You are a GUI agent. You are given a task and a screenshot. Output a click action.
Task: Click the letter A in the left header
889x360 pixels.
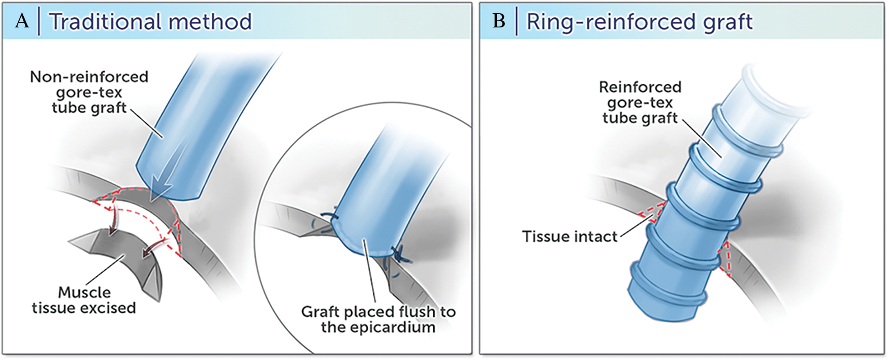click(22, 21)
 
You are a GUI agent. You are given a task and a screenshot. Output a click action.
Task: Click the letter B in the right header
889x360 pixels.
click(499, 21)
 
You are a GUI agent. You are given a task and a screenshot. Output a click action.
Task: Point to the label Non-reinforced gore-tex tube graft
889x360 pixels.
click(89, 92)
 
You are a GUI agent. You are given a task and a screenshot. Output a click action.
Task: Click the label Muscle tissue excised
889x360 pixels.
click(84, 300)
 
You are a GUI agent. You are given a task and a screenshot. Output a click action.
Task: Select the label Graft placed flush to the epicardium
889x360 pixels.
click(378, 319)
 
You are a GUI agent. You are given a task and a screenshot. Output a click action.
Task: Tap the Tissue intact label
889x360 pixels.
click(569, 237)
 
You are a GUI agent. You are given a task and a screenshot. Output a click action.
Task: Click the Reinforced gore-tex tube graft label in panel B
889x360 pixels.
click(640, 103)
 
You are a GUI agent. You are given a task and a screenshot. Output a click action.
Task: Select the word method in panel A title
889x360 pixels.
click(210, 22)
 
